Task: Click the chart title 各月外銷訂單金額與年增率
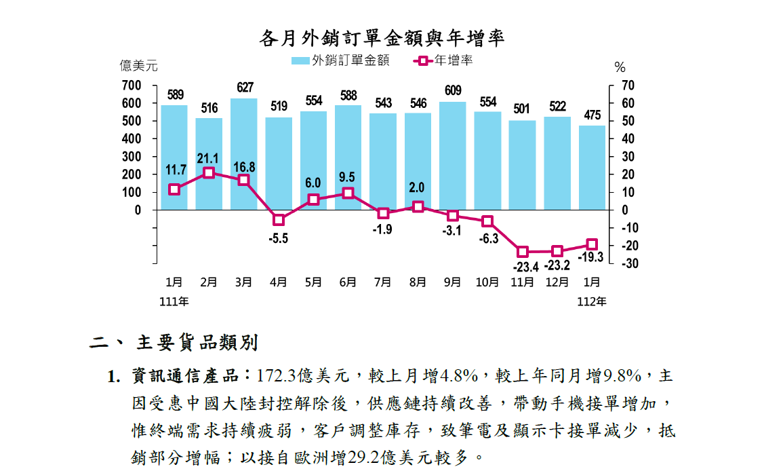coord(382,38)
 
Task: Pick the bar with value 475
coord(592,167)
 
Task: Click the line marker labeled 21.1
coord(209,172)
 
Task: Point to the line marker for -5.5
coord(279,220)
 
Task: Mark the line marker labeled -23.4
coord(523,251)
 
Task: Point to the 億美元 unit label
coord(138,66)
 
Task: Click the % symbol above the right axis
coord(620,67)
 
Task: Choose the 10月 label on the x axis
coord(487,282)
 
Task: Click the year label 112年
coord(592,301)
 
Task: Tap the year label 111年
coord(174,301)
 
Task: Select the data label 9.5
coord(347,177)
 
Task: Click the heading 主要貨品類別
coord(197,343)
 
